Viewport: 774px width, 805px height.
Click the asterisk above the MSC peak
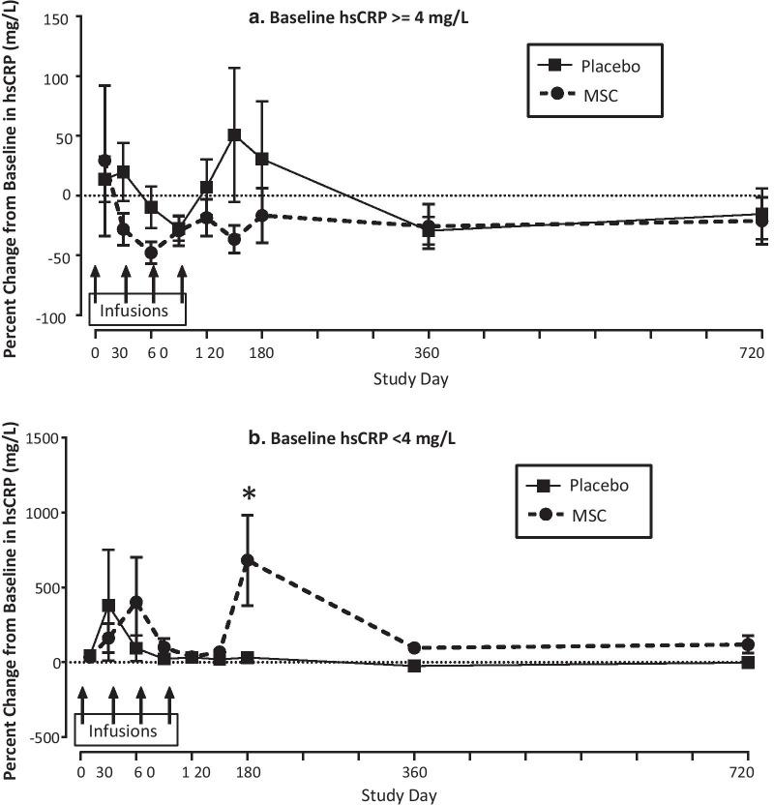(x=249, y=495)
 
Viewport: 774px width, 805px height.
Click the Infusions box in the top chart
(x=136, y=312)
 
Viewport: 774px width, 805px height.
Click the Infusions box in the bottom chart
(x=128, y=732)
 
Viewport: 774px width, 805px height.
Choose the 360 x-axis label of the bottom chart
(x=414, y=774)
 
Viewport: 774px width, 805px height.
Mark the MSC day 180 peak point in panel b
(x=248, y=560)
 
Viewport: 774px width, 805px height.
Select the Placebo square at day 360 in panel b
(x=414, y=666)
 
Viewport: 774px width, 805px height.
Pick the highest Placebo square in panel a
(x=234, y=135)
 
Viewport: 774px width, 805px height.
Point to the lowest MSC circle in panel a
(x=151, y=253)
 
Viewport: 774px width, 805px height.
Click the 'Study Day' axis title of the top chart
(x=410, y=378)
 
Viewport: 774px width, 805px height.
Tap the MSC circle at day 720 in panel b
(x=748, y=645)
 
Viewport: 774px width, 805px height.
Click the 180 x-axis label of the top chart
(x=261, y=353)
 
